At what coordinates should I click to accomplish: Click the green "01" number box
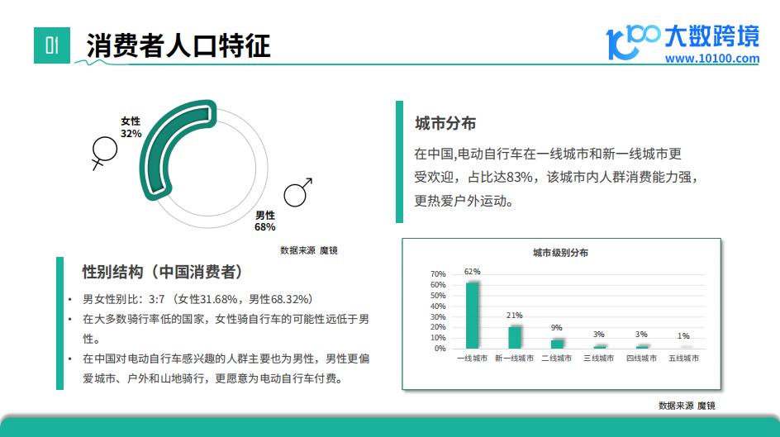click(52, 45)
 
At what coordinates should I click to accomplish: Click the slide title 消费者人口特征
click(178, 45)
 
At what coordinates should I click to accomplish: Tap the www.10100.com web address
click(712, 59)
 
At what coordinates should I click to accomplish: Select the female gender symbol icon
click(104, 153)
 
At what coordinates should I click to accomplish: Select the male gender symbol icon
click(297, 192)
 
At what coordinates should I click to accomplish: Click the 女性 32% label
click(131, 127)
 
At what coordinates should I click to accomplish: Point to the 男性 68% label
click(264, 221)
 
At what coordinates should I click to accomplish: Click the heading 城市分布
click(445, 123)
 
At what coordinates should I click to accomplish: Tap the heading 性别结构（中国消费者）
click(163, 272)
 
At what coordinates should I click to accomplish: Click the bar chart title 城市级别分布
click(560, 253)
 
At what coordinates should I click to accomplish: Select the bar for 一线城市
click(472, 316)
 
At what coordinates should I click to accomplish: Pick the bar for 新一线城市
click(515, 337)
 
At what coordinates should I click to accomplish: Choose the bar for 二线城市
click(557, 344)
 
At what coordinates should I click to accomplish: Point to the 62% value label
click(472, 272)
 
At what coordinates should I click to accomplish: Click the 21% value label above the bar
click(515, 316)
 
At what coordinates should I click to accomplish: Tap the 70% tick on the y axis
click(438, 274)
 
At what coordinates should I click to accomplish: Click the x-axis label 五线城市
click(683, 358)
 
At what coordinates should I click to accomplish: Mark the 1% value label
click(683, 336)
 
